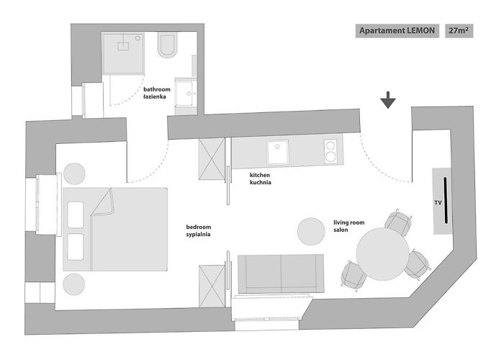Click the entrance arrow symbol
(388, 100)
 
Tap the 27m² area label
(459, 31)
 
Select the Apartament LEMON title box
(397, 31)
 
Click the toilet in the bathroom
(168, 45)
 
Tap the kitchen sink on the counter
(278, 152)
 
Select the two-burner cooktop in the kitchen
(330, 151)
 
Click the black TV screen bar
(446, 200)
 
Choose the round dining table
(382, 254)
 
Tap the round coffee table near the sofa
(311, 231)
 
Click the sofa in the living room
(280, 274)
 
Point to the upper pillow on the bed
(76, 215)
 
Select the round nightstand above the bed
(74, 174)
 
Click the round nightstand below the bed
(74, 284)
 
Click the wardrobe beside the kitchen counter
(212, 159)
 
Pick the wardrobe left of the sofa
(212, 286)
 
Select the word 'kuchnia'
(261, 182)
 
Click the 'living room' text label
(348, 222)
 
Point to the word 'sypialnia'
(198, 234)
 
